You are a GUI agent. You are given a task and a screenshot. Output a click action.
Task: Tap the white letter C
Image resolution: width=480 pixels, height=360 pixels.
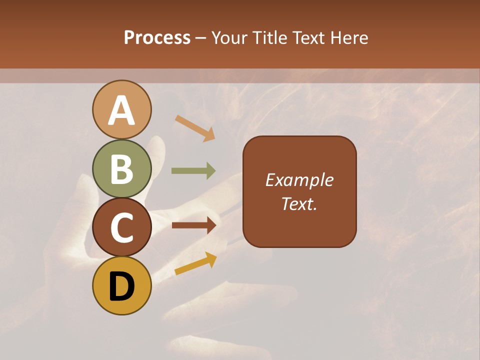(121, 228)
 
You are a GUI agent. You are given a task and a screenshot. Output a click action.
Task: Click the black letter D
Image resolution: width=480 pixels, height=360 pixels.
(121, 287)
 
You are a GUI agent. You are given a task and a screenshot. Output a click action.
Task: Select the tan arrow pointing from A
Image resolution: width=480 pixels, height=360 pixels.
(195, 128)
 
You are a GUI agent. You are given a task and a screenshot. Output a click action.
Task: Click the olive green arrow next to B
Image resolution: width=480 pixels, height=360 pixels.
(193, 171)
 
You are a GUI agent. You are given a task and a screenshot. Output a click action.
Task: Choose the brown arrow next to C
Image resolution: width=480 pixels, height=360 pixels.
(194, 225)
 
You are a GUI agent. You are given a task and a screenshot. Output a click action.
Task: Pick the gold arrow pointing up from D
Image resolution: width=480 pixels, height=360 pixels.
(195, 263)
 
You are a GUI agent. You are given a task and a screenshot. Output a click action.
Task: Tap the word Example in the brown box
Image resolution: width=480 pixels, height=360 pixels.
(299, 180)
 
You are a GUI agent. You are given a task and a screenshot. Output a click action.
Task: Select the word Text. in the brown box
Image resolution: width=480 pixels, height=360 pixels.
(299, 204)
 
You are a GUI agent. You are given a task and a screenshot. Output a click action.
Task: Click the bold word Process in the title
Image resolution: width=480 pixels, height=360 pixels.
(157, 37)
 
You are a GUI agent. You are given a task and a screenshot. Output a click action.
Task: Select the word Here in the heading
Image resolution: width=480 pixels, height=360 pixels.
(350, 37)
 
